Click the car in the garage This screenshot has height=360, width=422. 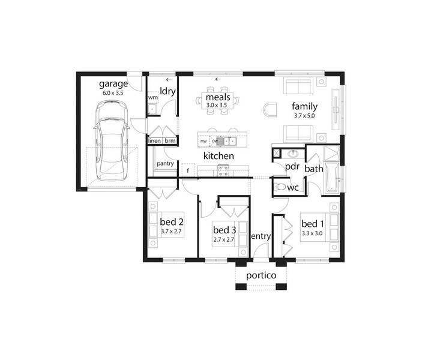[x=111, y=141]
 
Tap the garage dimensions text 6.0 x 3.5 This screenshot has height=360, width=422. [x=112, y=93]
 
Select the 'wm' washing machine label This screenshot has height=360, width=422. [x=153, y=97]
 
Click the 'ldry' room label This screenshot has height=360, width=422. [x=167, y=91]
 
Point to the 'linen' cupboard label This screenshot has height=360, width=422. [x=154, y=141]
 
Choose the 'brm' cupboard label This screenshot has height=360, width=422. [x=170, y=141]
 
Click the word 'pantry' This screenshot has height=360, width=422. [x=165, y=163]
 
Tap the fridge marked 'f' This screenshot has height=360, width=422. [x=188, y=170]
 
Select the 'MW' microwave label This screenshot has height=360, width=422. [x=203, y=141]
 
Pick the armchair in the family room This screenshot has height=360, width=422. [x=270, y=110]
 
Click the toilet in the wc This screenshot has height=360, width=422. [x=279, y=187]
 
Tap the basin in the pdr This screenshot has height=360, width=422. [x=292, y=154]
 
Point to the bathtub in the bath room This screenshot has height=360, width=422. [x=331, y=178]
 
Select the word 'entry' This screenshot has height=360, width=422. [x=261, y=236]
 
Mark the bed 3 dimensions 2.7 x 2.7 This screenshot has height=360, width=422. [x=224, y=239]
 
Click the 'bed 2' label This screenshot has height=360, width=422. [x=172, y=222]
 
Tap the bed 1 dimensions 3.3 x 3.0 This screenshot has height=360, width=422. [x=312, y=233]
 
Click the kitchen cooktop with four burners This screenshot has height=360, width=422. [x=223, y=170]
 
